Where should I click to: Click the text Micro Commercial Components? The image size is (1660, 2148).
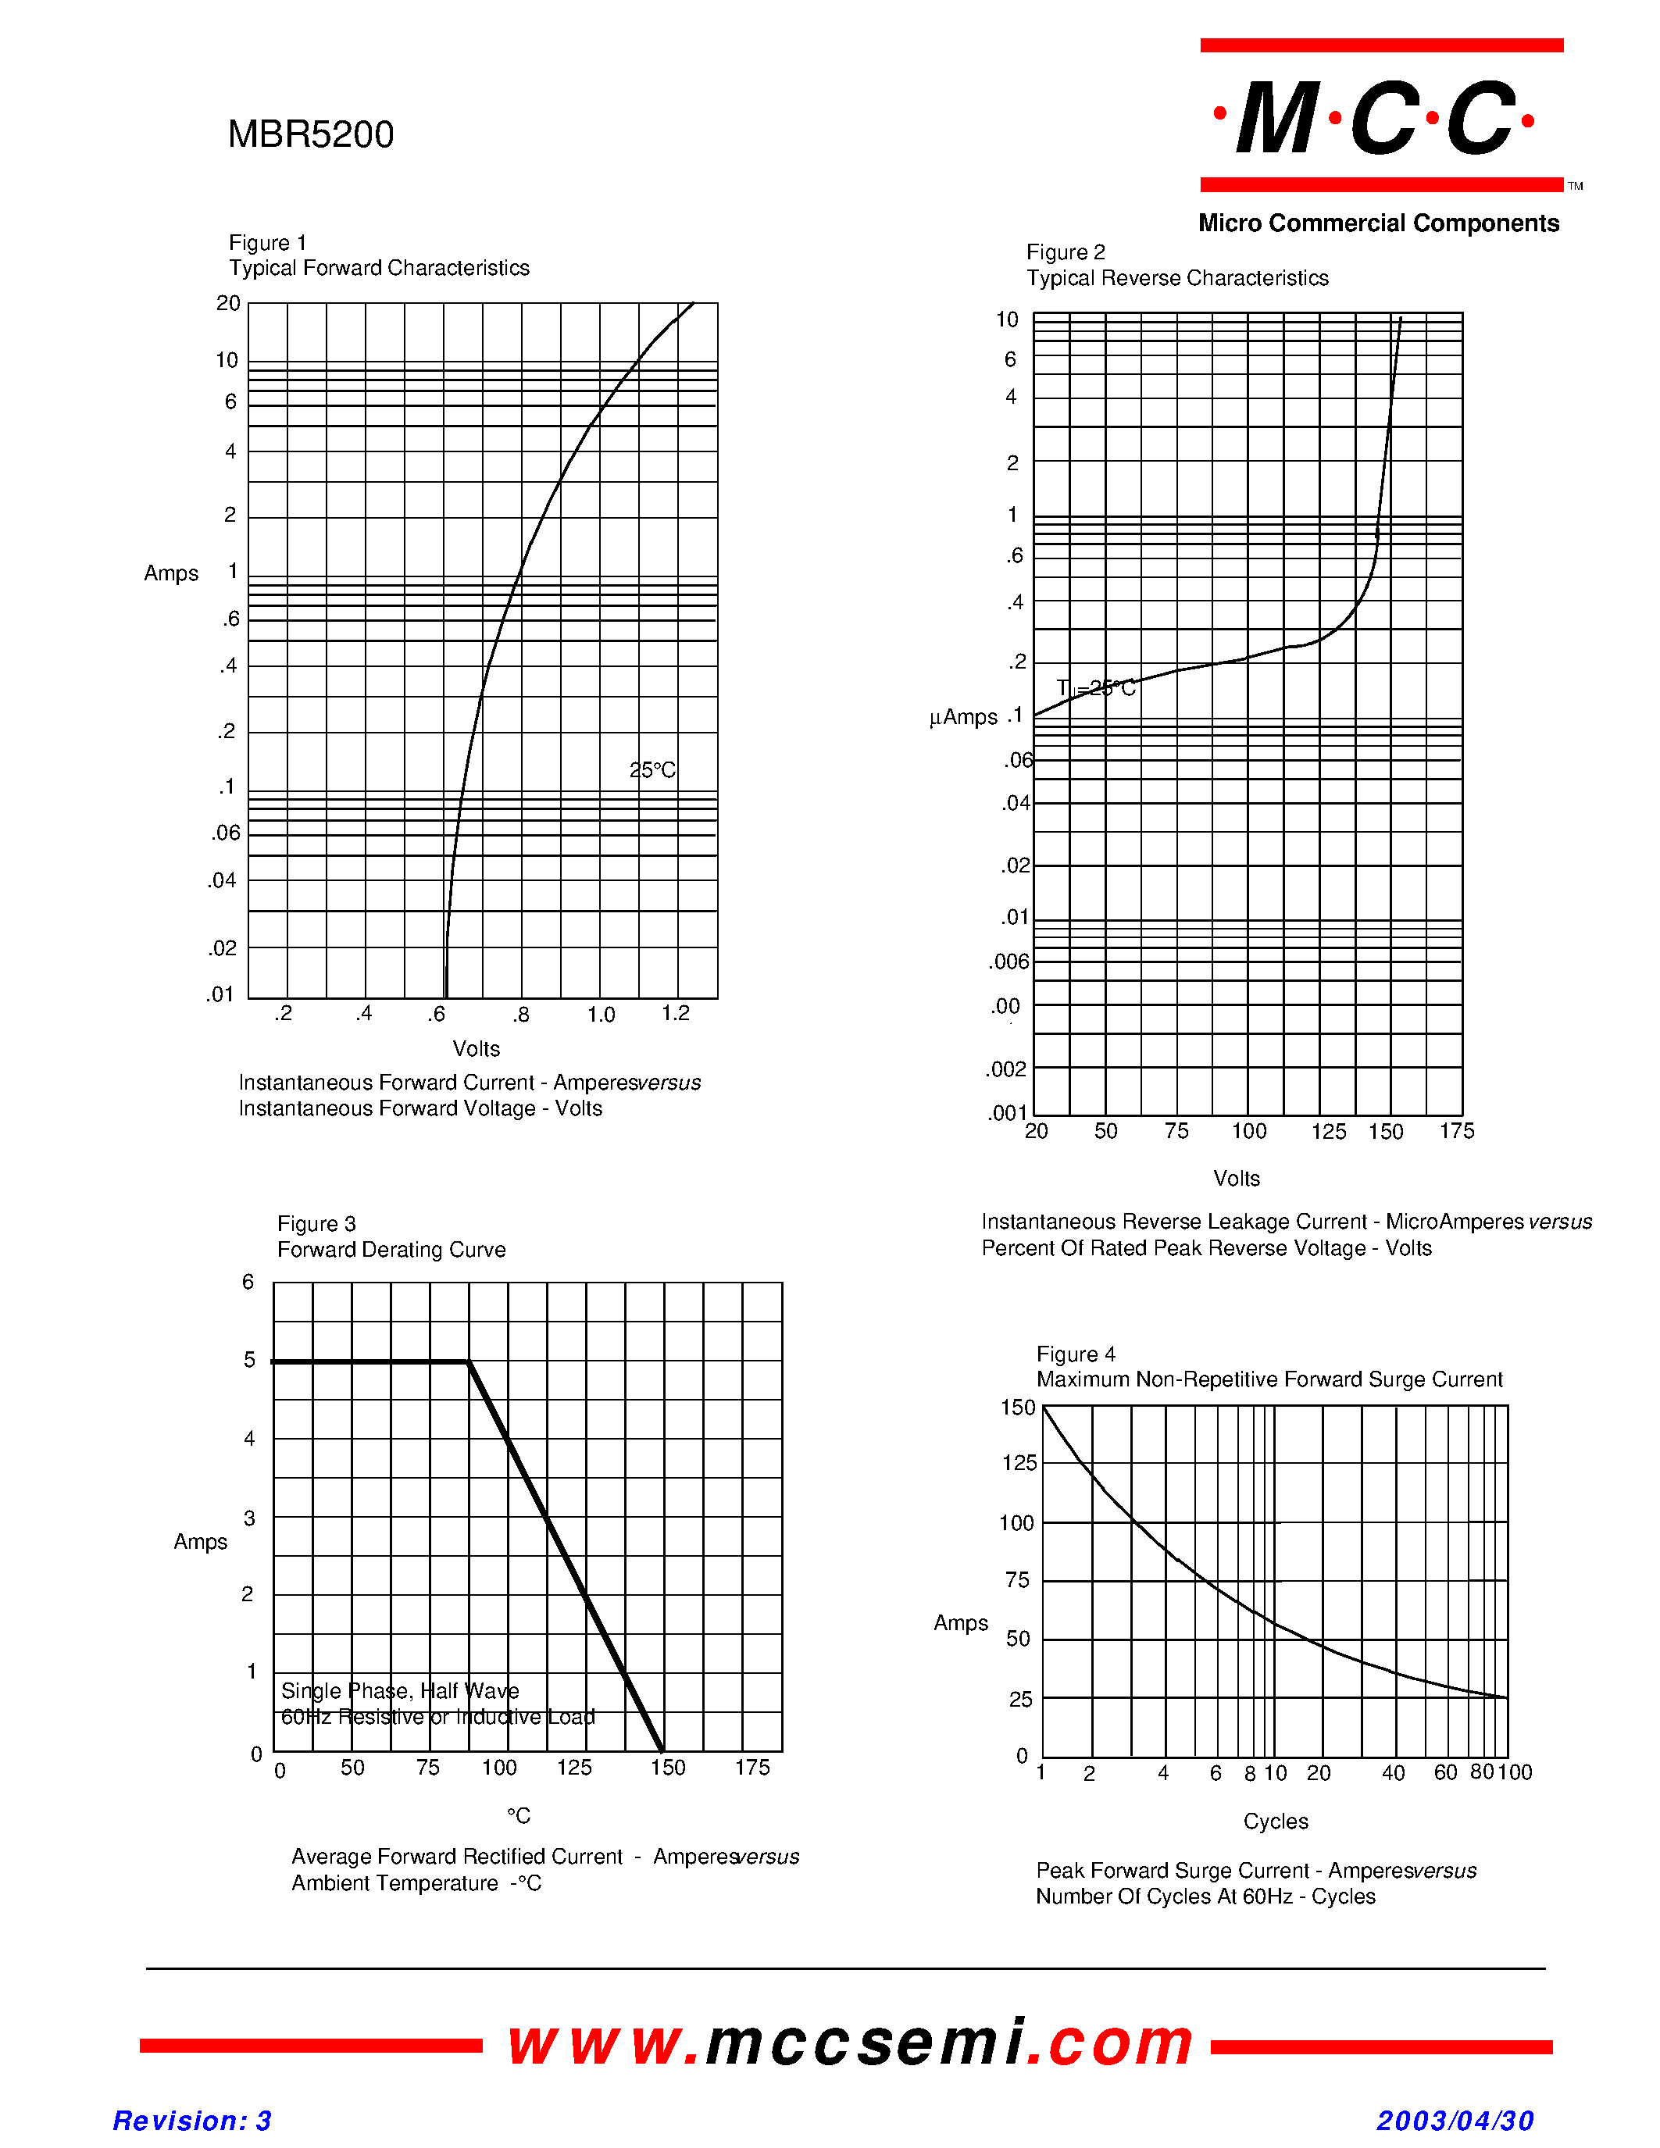point(1379,223)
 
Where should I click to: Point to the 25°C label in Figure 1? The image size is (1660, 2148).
point(652,770)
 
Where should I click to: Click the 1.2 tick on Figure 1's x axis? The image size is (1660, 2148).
point(676,1013)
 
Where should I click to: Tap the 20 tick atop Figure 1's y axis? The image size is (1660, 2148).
point(228,303)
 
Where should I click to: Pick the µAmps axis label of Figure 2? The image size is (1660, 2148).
point(964,718)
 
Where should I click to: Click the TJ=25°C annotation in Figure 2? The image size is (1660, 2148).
point(1095,688)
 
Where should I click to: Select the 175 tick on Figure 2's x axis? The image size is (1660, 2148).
point(1456,1131)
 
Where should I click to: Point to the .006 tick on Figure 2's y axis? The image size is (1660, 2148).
point(1009,962)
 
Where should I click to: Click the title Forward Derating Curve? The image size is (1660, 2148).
point(391,1250)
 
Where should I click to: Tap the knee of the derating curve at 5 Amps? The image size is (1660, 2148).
point(468,1361)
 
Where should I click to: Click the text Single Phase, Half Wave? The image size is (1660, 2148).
point(400,1690)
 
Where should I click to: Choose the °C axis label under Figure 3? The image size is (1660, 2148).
point(518,1815)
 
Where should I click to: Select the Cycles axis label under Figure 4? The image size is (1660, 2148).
point(1276,1822)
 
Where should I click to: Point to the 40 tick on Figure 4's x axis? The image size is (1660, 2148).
point(1394,1773)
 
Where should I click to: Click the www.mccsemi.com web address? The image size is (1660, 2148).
point(851,2041)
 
